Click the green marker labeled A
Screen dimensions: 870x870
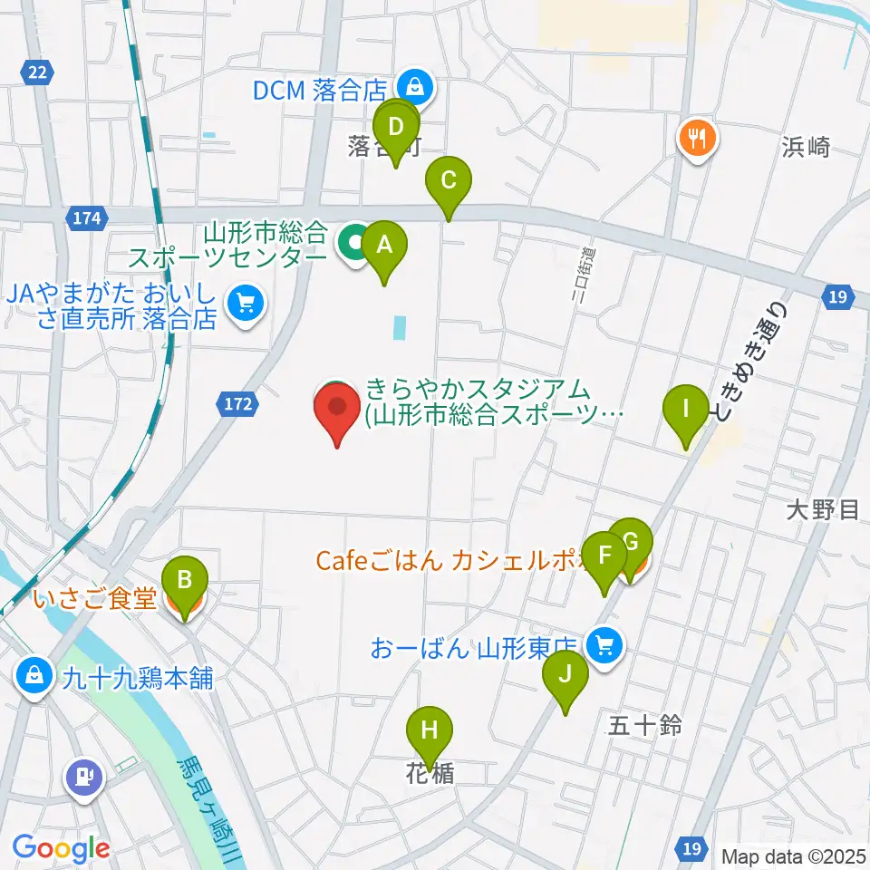384,246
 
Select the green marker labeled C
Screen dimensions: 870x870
449,181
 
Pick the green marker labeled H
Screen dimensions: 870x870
430,730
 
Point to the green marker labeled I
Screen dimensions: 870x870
686,411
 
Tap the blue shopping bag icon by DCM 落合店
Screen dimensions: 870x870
414,88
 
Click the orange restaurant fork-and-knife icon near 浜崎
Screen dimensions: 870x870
697,139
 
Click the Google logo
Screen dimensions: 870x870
61,849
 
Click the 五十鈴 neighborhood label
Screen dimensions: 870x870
644,725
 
